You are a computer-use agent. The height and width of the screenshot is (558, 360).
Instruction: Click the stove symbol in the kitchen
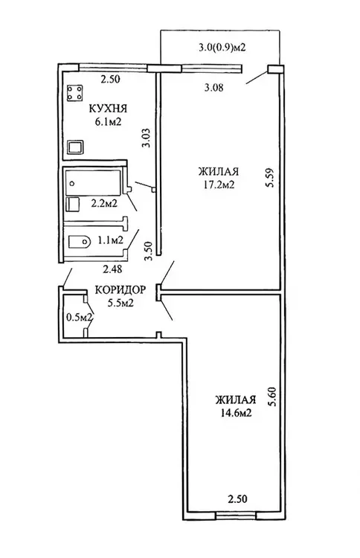74,92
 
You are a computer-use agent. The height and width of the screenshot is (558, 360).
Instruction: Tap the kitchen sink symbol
75,147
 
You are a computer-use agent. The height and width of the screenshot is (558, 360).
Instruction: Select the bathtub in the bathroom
92,182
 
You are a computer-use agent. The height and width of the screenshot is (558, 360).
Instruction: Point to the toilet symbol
79,242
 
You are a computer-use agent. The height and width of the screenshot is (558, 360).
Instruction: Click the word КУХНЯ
108,108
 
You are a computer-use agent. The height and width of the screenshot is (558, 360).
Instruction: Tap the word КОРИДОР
120,290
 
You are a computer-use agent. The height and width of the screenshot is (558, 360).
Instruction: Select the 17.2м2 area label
219,185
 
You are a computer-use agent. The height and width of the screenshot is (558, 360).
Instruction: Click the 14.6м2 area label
236,413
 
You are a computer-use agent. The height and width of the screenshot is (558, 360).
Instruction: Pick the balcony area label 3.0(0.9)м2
222,48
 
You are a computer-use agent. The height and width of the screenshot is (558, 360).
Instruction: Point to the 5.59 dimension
271,178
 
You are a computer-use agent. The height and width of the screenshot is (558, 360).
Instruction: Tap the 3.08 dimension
213,87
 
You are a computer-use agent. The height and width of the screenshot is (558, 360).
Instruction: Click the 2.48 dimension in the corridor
112,269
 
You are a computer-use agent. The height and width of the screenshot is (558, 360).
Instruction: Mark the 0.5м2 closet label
80,316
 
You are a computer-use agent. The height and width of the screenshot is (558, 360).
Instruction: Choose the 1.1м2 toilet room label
111,240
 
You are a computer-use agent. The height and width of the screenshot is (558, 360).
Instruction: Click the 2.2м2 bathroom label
104,204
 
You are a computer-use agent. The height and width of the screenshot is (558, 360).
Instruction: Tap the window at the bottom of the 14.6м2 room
236,515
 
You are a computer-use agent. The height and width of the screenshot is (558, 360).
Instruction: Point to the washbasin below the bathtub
74,205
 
